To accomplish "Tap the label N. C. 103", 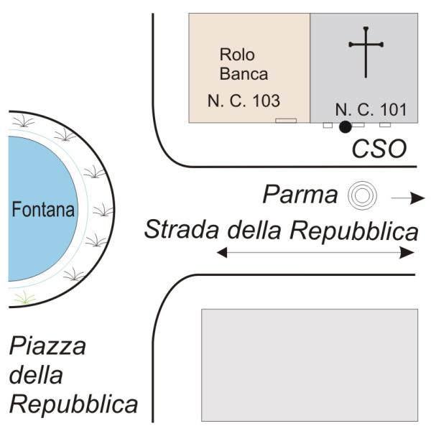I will [x=244, y=101].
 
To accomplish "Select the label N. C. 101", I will [x=371, y=110].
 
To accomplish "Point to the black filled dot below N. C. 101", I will [x=346, y=127].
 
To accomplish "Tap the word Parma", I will [x=301, y=195].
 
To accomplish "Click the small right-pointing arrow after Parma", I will [x=402, y=197].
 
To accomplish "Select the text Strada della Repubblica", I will [x=281, y=230].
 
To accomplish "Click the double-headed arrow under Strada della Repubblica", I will [x=316, y=252].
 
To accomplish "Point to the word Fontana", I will [x=42, y=210].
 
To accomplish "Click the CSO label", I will [x=379, y=149].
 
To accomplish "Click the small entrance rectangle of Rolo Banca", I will [x=286, y=121].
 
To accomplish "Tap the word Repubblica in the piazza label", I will [x=73, y=404].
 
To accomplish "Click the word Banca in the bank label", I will [x=244, y=73].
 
